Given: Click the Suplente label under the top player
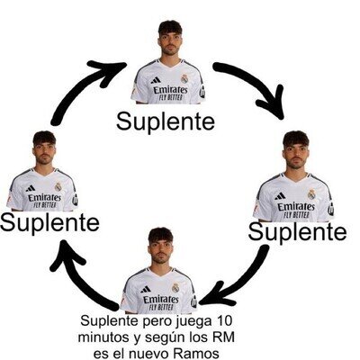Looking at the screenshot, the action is (166, 122).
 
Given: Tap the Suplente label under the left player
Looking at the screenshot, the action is (49, 222).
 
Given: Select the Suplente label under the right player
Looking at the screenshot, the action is (297, 232).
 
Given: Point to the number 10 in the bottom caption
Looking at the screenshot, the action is (224, 321).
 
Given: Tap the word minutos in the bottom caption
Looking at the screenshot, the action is (103, 337).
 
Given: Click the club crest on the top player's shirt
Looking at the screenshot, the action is (184, 79).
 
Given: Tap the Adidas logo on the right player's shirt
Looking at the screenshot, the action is (280, 196).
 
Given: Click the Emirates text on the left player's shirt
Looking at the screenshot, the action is (44, 198).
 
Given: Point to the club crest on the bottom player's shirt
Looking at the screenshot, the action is (175, 288).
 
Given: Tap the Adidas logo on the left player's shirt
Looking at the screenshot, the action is (31, 188).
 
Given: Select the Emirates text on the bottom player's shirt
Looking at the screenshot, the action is (161, 299).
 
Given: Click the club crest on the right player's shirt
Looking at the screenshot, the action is (311, 194).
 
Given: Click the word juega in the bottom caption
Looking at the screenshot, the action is (193, 321).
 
